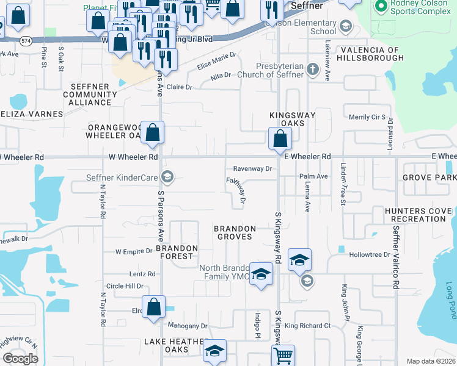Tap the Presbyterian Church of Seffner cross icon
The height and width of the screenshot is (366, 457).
pyautogui.click(x=313, y=68)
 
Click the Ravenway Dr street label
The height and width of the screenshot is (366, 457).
pyautogui.click(x=252, y=169)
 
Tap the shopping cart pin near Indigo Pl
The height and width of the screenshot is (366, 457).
pyautogui.click(x=283, y=354)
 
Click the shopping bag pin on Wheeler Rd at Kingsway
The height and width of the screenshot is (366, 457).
pyautogui.click(x=279, y=138)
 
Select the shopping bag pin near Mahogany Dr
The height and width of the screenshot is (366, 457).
pyautogui.click(x=153, y=306)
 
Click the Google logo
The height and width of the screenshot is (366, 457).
pyautogui.click(x=20, y=359)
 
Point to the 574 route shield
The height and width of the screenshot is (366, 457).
pyautogui.click(x=25, y=40)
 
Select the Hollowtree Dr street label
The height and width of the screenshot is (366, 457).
pyautogui.click(x=370, y=254)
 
